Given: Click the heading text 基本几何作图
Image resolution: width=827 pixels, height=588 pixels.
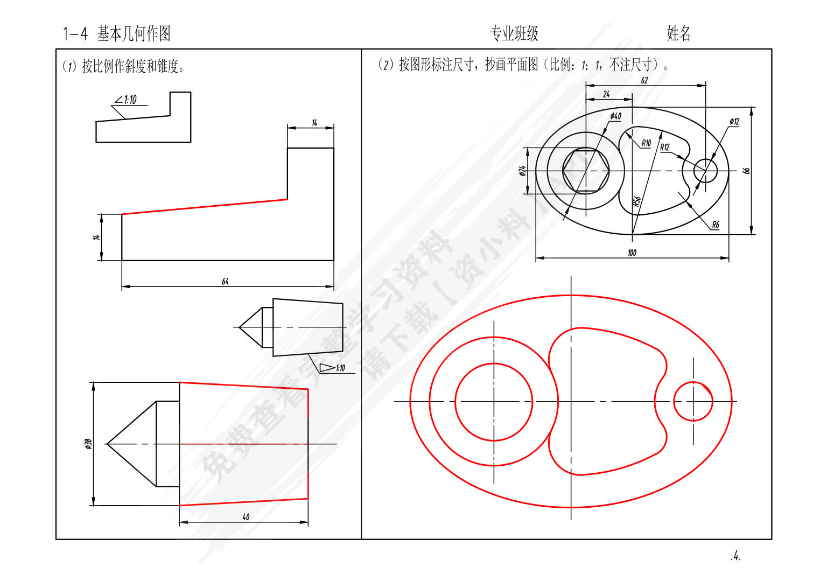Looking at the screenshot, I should [x=134, y=34].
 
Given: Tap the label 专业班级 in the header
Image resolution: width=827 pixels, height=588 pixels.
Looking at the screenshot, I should [x=514, y=34].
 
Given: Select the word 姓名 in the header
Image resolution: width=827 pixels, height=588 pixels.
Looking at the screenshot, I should [x=678, y=33].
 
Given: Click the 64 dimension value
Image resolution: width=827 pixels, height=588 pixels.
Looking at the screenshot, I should [x=225, y=282].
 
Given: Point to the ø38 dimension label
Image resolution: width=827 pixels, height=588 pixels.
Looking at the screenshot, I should [x=88, y=444].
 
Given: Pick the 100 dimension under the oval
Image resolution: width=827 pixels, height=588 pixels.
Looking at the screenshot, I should [x=632, y=253].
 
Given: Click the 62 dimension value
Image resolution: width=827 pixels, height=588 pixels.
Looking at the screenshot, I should [x=644, y=81].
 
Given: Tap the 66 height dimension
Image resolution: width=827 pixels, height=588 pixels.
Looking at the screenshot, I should [x=746, y=170].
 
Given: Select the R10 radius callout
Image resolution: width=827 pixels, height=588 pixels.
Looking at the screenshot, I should [x=646, y=143].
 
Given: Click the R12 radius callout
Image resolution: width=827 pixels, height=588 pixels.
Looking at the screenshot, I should [x=665, y=147].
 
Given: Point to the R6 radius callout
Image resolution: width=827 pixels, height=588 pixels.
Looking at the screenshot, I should [x=715, y=225].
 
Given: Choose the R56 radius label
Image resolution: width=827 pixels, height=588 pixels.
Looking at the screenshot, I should [x=636, y=201].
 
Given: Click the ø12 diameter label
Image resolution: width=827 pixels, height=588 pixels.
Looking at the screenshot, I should [x=734, y=122].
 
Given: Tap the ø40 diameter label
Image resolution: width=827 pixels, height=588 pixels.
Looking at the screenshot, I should [x=615, y=116].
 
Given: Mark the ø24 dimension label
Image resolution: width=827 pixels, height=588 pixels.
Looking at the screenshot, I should [x=522, y=171].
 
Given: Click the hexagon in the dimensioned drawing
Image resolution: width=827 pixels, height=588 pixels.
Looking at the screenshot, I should [x=586, y=171].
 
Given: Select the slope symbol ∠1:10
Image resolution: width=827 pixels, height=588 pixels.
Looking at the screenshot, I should [x=126, y=100].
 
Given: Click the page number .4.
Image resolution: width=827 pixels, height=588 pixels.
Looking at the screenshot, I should [x=735, y=556].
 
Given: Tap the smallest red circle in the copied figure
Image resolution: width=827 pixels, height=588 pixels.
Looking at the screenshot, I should [x=693, y=401].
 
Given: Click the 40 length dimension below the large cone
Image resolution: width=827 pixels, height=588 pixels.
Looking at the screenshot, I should [x=246, y=517].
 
